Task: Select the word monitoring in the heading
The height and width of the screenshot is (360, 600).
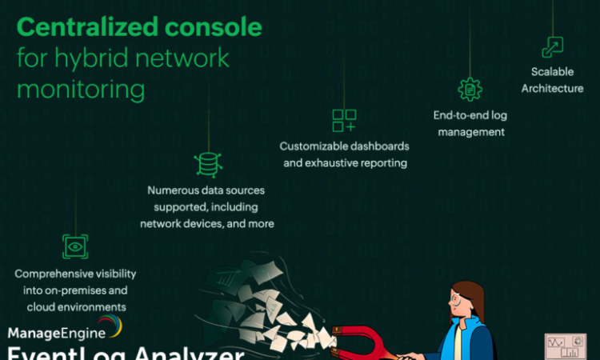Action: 80,89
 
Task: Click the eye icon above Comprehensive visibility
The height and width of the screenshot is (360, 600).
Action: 75,246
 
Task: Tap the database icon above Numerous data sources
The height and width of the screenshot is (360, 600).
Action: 208,163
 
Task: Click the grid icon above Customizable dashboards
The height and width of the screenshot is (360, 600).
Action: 344,120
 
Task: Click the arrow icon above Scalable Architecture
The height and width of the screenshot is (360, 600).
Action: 552,47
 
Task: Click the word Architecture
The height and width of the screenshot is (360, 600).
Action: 552,88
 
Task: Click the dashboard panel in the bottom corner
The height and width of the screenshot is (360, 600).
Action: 566,346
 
